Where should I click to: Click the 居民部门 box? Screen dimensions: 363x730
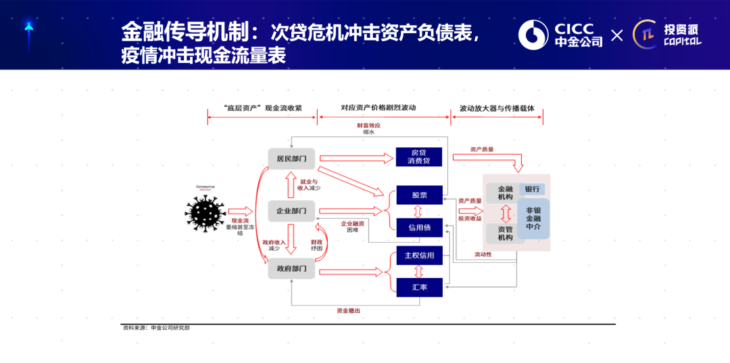coord(291,158)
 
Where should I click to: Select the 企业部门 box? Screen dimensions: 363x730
coord(291,211)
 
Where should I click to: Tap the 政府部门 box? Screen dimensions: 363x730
coord(291,269)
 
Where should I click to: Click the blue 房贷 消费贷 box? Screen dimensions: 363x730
coord(419,157)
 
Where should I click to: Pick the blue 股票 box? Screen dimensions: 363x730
coord(419,195)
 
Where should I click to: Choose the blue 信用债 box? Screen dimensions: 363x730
coord(419,228)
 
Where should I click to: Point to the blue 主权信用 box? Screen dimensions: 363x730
coord(419,256)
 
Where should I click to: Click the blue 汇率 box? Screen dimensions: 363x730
coord(419,287)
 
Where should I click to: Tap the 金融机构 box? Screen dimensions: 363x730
coord(505,193)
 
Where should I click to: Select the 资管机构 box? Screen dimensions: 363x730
coord(505,233)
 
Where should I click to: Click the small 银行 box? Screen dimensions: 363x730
coord(531,189)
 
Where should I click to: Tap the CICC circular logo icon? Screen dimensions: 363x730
coord(533,35)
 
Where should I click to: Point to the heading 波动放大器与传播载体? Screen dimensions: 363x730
coord(497,108)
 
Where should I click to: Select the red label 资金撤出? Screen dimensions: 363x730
coord(349,311)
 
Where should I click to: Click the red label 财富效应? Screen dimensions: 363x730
coord(369,125)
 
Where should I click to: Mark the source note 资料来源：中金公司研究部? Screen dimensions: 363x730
coord(161,328)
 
